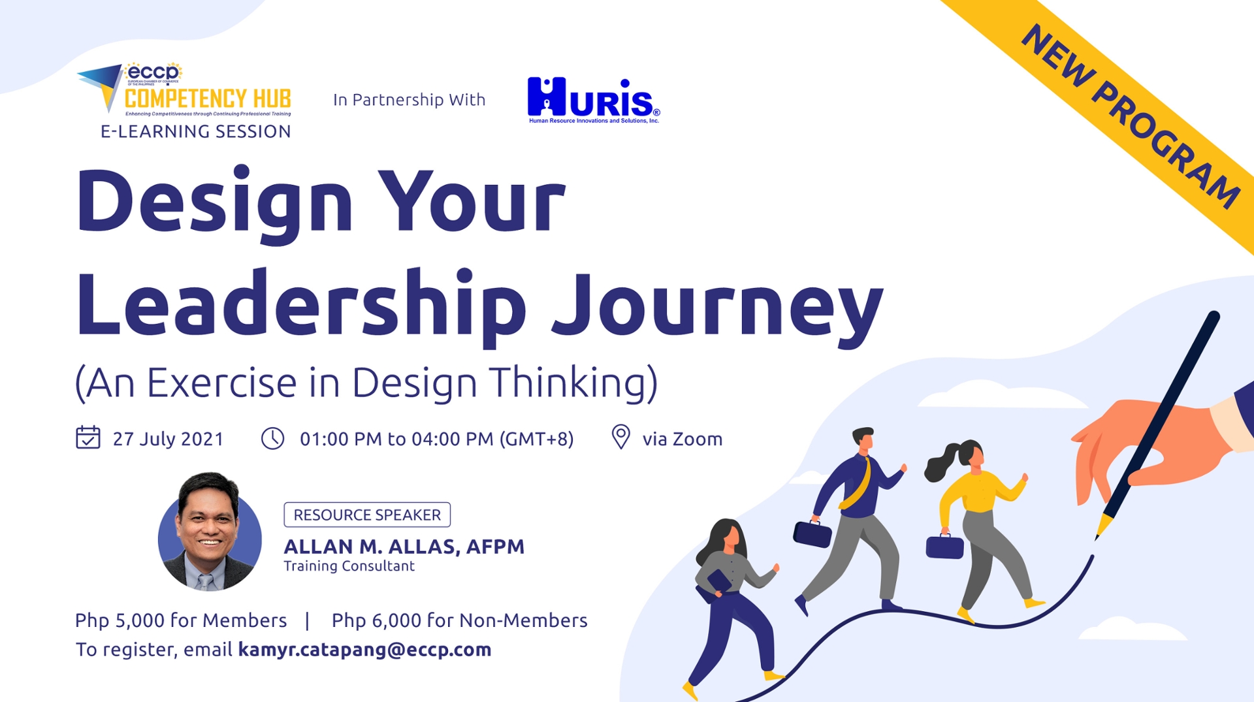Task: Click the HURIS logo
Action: (593, 100)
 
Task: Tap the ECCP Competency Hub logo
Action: (185, 91)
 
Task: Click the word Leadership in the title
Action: (300, 306)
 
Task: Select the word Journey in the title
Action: (717, 307)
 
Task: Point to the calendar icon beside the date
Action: (88, 438)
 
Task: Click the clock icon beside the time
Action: (272, 438)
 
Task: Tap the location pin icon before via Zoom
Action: (620, 437)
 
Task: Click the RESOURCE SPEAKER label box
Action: (367, 515)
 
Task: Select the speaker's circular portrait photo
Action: (210, 532)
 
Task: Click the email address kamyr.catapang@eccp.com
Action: (364, 650)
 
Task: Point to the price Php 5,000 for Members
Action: (181, 620)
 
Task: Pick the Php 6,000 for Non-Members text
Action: (459, 620)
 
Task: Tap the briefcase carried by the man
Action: (812, 533)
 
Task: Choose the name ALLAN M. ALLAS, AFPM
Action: (404, 547)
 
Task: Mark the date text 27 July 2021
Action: (168, 439)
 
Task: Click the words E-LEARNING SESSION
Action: (196, 131)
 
